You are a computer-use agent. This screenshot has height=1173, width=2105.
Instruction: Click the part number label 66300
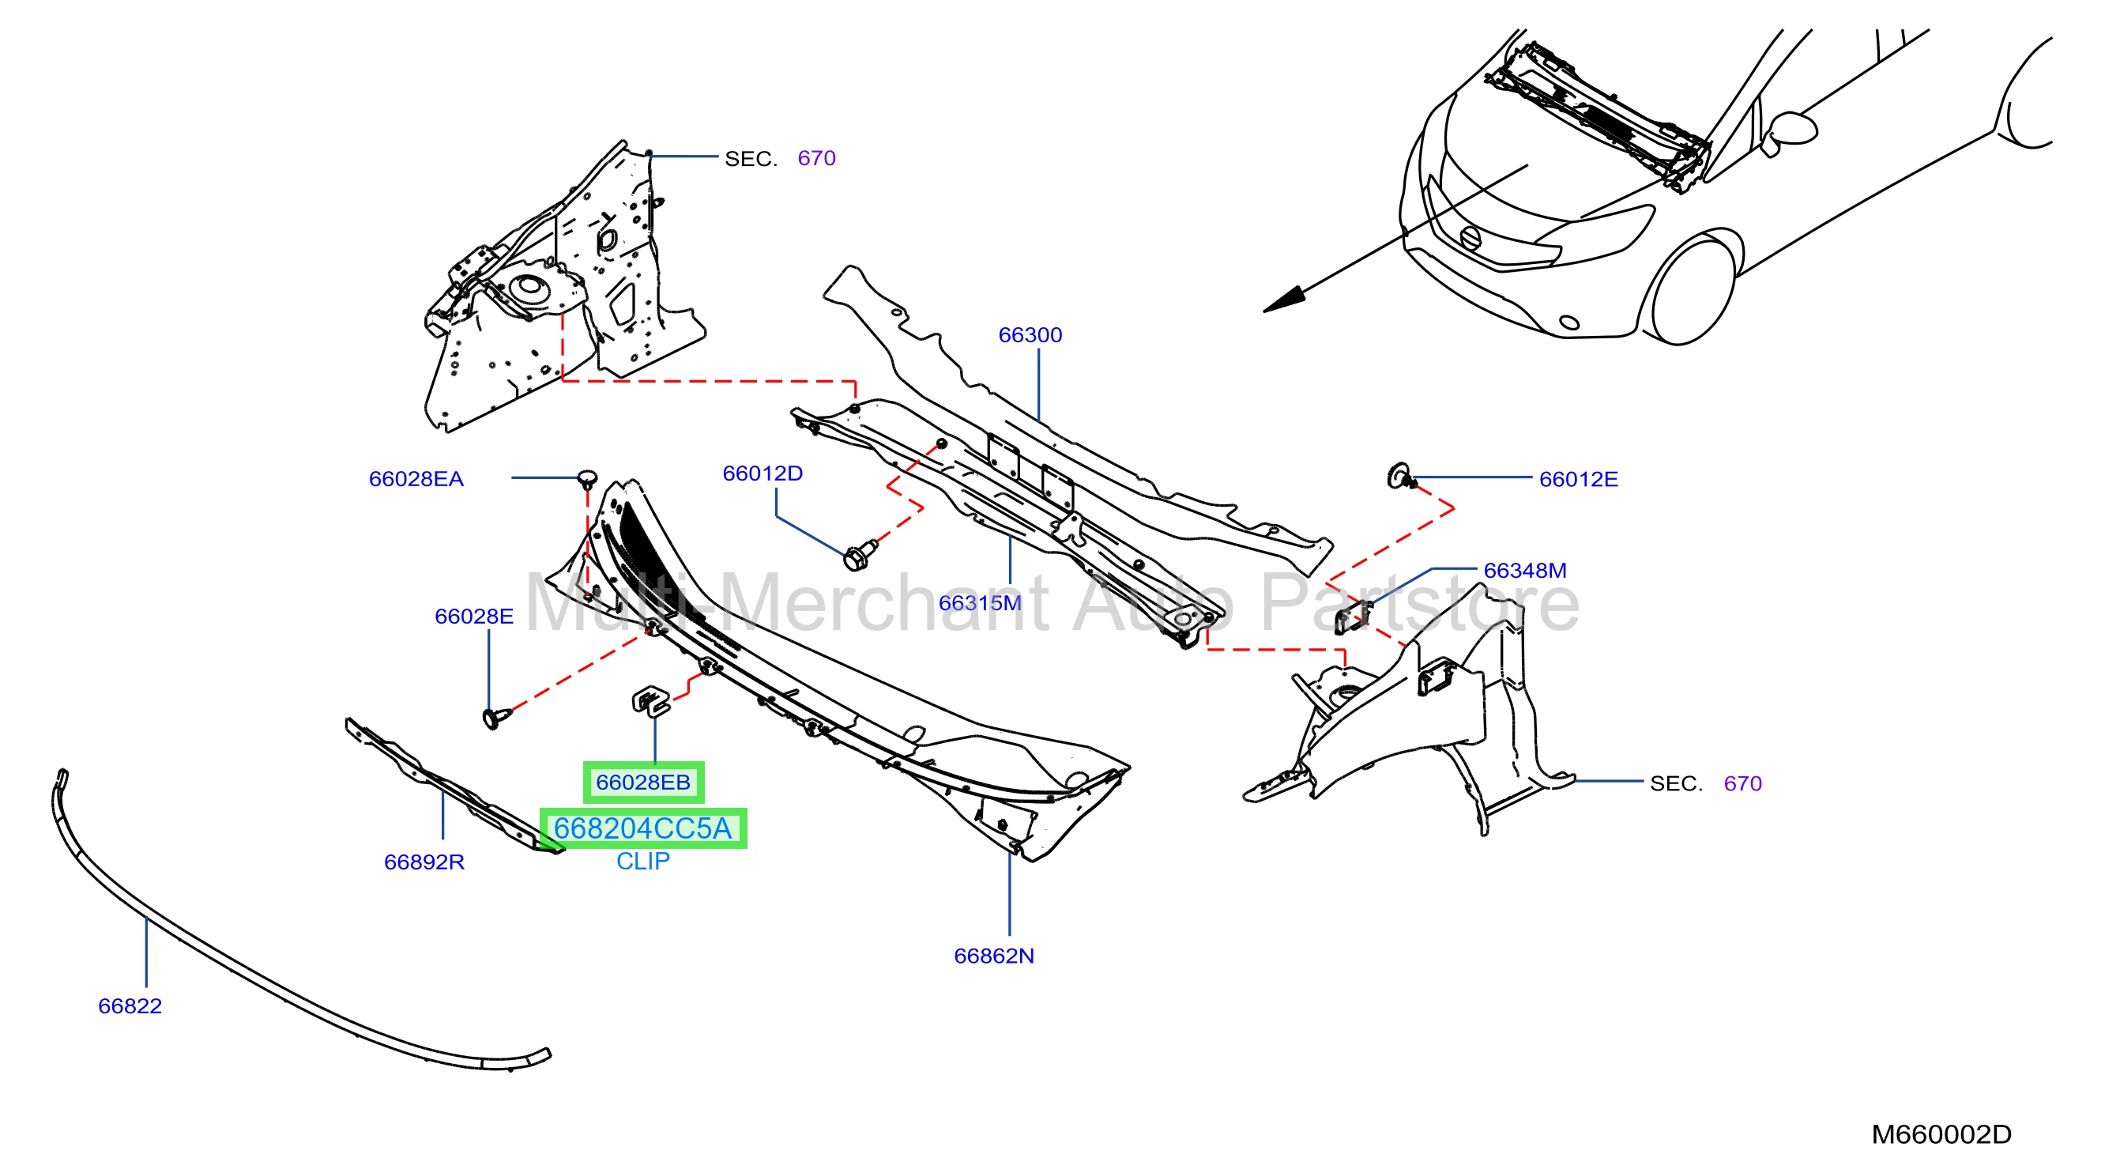[x=1030, y=335]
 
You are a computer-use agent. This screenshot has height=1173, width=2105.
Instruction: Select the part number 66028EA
[x=416, y=479]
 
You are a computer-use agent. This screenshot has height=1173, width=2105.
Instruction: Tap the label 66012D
[x=763, y=473]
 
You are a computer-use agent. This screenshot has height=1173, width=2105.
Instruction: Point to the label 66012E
[x=1578, y=479]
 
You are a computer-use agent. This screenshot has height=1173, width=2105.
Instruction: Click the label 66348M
[x=1525, y=571]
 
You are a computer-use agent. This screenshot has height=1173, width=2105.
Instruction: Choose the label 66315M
[x=980, y=603]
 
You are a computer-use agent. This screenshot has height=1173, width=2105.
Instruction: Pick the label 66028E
[x=474, y=617]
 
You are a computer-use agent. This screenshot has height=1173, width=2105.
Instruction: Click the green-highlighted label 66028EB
[x=643, y=783]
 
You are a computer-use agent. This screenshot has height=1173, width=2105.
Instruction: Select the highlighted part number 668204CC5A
[x=643, y=828]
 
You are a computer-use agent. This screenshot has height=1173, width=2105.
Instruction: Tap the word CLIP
[x=643, y=862]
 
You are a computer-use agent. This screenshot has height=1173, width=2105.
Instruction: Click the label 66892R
[x=424, y=862]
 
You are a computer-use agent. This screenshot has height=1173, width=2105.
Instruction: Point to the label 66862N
[x=994, y=956]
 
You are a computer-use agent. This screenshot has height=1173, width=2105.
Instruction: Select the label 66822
[x=130, y=1006]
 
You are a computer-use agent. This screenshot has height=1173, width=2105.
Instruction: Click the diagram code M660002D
[x=1941, y=1134]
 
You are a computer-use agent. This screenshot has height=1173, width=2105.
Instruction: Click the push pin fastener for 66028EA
[x=588, y=479]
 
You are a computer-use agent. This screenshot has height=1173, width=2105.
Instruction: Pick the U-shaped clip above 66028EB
[x=650, y=701]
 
